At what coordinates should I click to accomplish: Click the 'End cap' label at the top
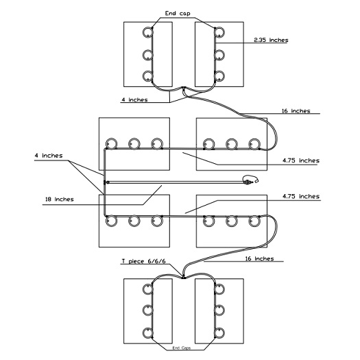click(x=178, y=14)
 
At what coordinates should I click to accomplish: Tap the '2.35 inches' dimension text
click(x=271, y=40)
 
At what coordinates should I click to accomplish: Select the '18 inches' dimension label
click(x=60, y=200)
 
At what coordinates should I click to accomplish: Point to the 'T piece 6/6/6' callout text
click(x=144, y=261)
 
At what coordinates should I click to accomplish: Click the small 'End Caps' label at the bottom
click(x=182, y=348)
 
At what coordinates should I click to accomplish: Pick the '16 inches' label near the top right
click(x=296, y=111)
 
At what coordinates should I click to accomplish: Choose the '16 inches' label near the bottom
click(x=259, y=259)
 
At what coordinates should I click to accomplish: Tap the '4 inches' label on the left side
click(x=49, y=156)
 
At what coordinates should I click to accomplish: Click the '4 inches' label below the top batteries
click(x=134, y=99)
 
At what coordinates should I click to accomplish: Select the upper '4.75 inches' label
click(x=301, y=160)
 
